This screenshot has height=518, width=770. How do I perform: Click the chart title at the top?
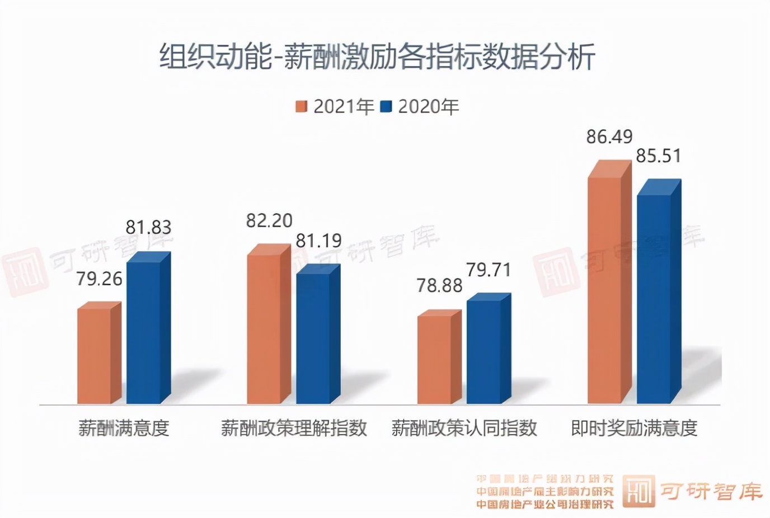pyautogui.click(x=378, y=56)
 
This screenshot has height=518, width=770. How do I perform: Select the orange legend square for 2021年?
pyautogui.click(x=302, y=106)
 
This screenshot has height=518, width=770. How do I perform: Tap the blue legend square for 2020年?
pyautogui.click(x=386, y=106)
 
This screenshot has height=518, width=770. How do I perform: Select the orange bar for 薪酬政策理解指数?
pyautogui.click(x=264, y=329)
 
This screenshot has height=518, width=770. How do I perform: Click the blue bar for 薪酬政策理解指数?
pyautogui.click(x=313, y=338)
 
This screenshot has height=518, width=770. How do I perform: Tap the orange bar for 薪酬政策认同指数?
pyautogui.click(x=434, y=360)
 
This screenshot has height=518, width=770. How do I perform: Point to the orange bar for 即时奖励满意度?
pyautogui.click(x=604, y=291)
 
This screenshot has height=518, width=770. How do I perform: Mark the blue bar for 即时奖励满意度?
pyautogui.click(x=654, y=299)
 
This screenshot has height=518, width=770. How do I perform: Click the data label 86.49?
pyautogui.click(x=609, y=136)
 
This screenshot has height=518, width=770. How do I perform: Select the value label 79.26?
pyautogui.click(x=99, y=278)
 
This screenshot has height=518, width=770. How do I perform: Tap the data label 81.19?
pyautogui.click(x=318, y=241)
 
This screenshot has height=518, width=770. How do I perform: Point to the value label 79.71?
pyautogui.click(x=489, y=270)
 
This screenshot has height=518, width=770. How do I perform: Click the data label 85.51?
pyautogui.click(x=659, y=156)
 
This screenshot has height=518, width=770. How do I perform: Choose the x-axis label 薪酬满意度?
pyautogui.click(x=124, y=428)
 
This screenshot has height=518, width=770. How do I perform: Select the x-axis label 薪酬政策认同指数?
pyautogui.click(x=464, y=428)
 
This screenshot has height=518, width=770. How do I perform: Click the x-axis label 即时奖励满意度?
pyautogui.click(x=634, y=428)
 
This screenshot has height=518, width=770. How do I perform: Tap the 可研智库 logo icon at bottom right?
pyautogui.click(x=638, y=492)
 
